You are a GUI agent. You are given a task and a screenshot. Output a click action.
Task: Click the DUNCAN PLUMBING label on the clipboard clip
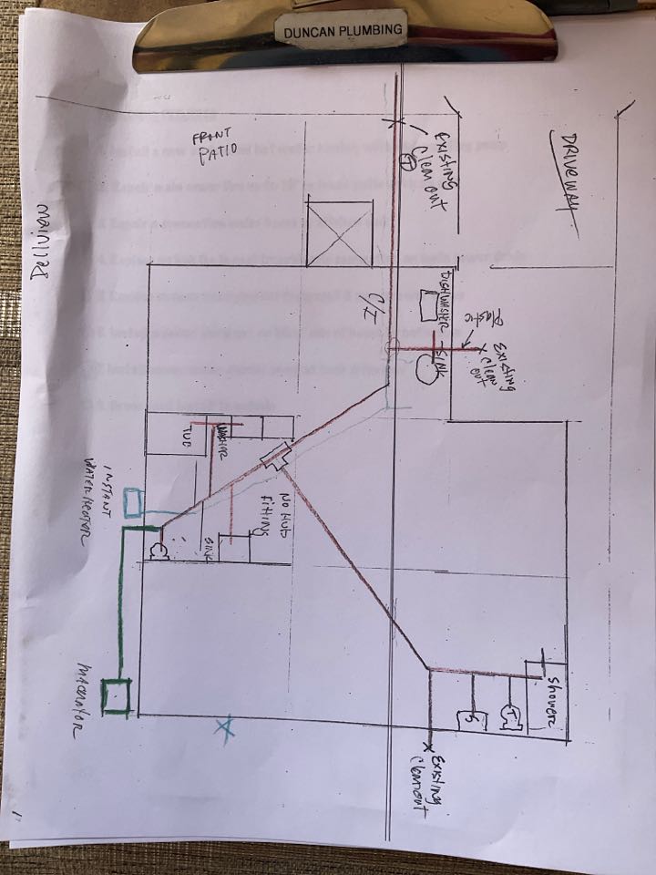point(343,30)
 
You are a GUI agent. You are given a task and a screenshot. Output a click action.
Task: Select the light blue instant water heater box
point(133,500)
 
